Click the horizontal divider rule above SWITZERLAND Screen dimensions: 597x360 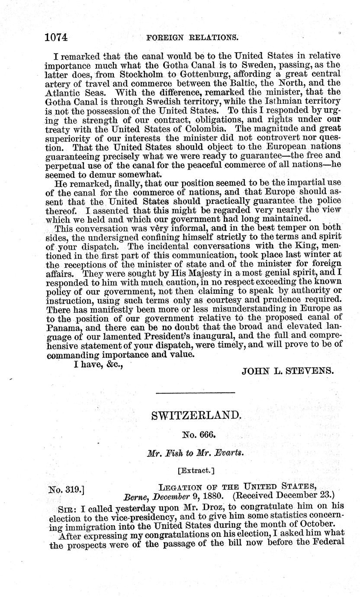195,392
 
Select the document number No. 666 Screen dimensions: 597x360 195,435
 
